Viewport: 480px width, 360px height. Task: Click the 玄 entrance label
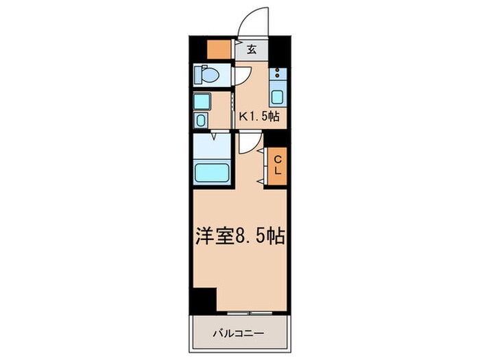pyautogui.click(x=252, y=49)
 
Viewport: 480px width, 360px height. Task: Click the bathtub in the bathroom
pyautogui.click(x=213, y=171)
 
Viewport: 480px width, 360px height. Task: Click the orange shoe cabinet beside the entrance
pyautogui.click(x=220, y=49)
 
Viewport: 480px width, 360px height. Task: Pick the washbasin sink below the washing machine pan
pyautogui.click(x=200, y=121)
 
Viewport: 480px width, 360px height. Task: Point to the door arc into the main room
pyautogui.click(x=248, y=143)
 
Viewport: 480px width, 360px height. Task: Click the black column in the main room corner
pyautogui.click(x=203, y=300)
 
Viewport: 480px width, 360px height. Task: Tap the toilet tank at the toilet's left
pyautogui.click(x=197, y=73)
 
